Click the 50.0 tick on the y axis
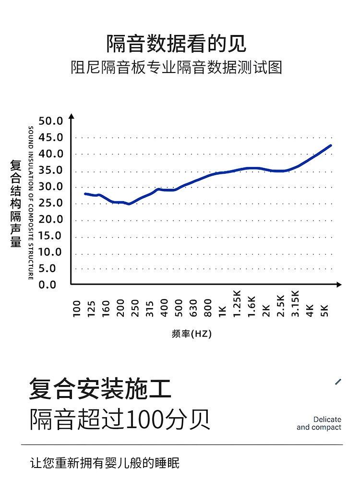51,121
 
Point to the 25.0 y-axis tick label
51,203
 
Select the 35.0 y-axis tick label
51,170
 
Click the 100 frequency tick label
77,309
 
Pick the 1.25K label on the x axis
237,303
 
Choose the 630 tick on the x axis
193,308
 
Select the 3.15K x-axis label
295,303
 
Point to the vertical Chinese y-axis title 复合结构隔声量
16,204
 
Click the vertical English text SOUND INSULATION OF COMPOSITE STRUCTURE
31,203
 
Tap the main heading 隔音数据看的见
176,43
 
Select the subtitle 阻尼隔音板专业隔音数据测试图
176,67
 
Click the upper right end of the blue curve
330,145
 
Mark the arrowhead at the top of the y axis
72,117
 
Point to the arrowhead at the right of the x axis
339,285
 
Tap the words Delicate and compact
319,423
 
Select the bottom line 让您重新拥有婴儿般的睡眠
105,463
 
